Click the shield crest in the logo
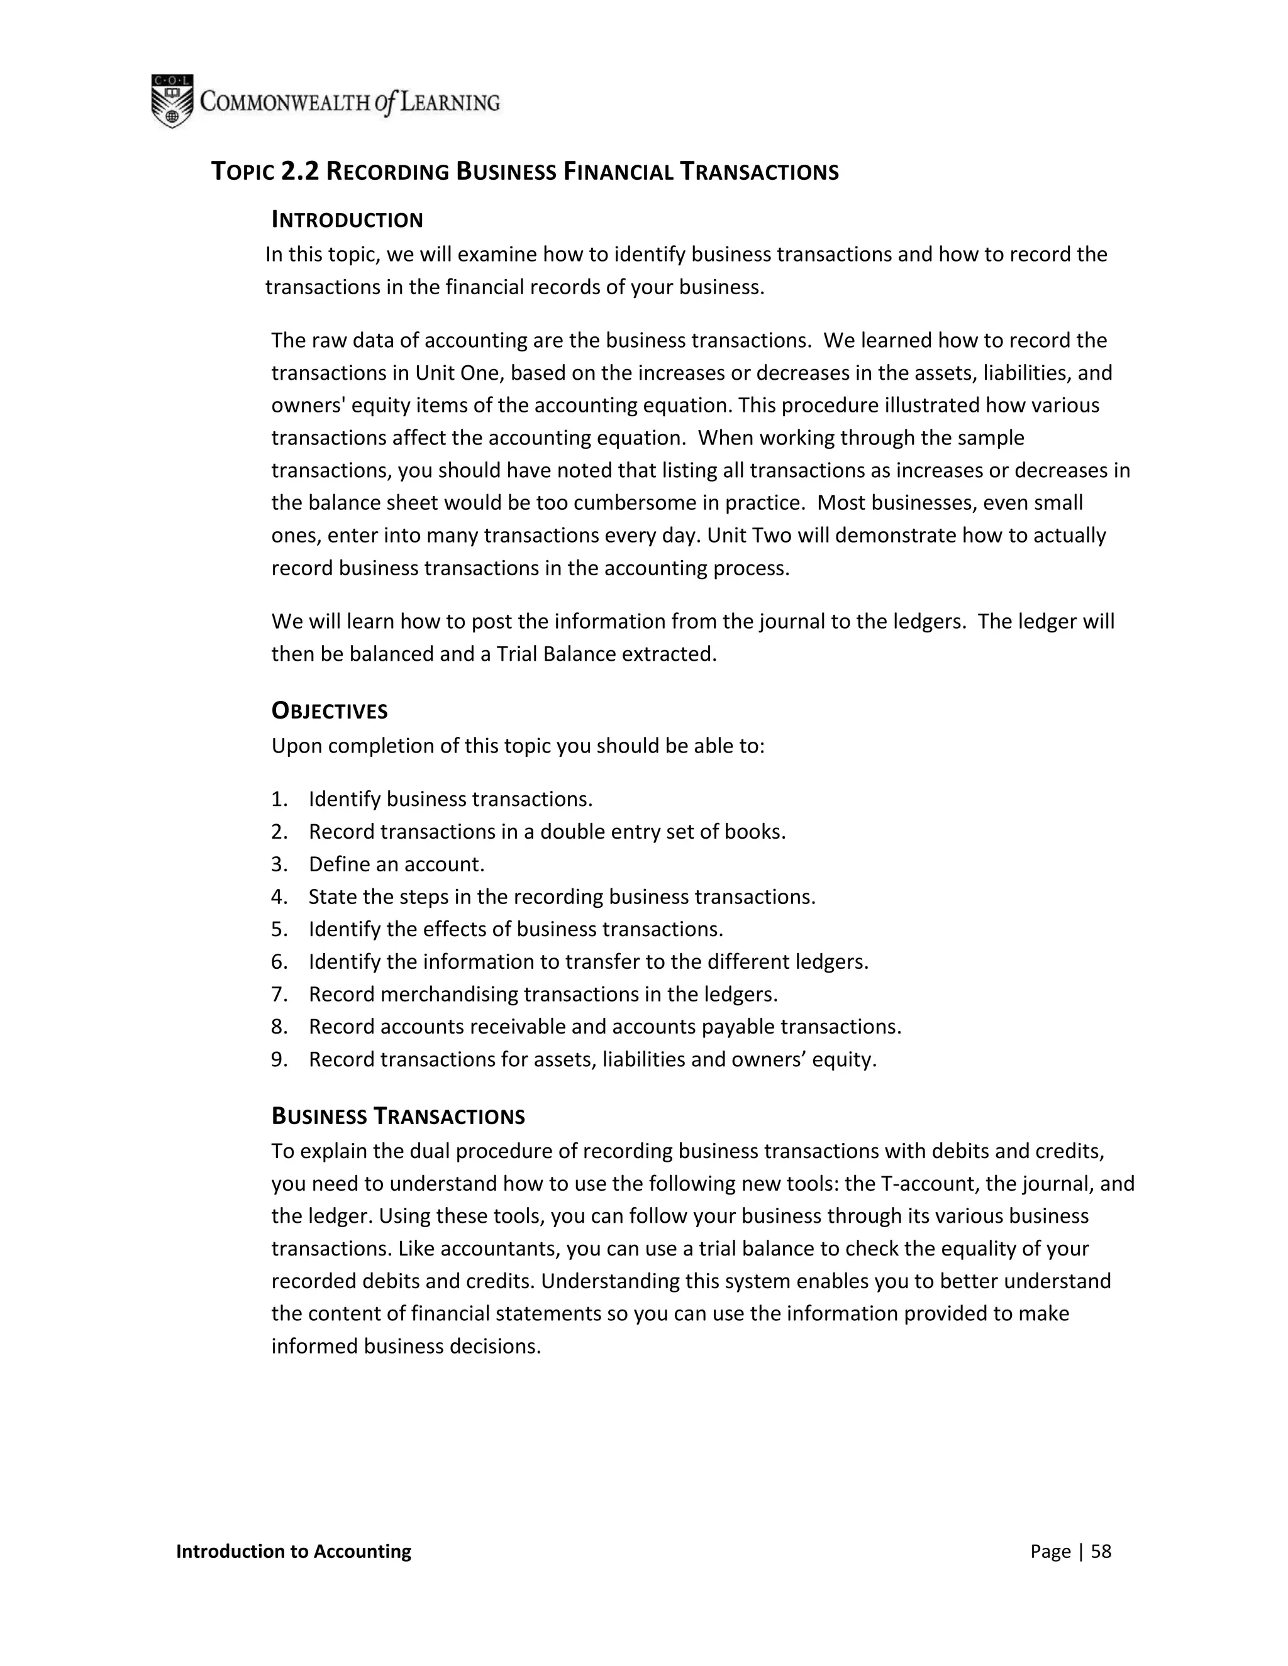[x=172, y=101]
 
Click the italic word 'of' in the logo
[x=386, y=102]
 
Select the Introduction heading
[x=347, y=221]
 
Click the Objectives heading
[x=330, y=711]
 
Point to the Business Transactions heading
[x=397, y=1117]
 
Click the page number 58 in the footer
[x=1101, y=1552]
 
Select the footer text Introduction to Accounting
[x=293, y=1552]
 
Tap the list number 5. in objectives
[x=279, y=929]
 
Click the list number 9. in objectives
[x=279, y=1059]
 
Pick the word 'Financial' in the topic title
[x=618, y=172]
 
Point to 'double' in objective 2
[x=574, y=832]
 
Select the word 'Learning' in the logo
[x=450, y=102]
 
